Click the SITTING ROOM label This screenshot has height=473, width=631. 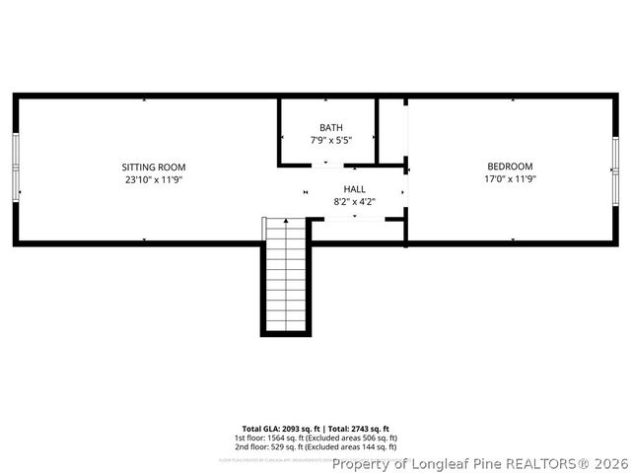(x=154, y=167)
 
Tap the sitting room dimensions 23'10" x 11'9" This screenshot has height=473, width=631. (x=154, y=179)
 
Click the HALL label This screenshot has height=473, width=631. (x=354, y=189)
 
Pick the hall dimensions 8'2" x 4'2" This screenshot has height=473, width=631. (x=354, y=202)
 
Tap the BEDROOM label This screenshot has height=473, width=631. (x=510, y=167)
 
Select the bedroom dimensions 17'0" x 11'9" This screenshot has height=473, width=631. (x=510, y=179)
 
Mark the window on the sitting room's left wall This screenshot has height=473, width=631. (x=17, y=167)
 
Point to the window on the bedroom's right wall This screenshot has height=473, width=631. (x=615, y=167)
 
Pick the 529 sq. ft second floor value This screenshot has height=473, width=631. (x=288, y=446)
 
